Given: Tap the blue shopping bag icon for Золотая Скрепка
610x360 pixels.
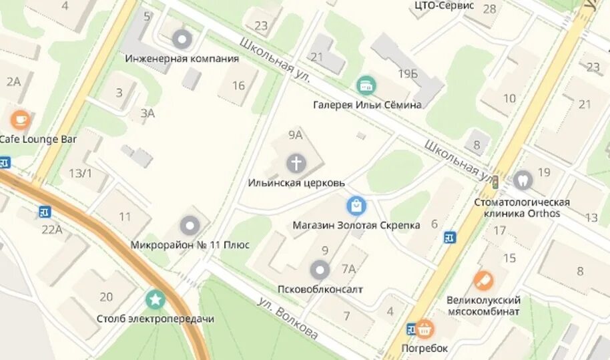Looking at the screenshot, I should point(356,206).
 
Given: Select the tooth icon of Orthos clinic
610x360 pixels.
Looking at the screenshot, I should point(522,179).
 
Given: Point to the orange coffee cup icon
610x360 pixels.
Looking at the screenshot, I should point(20,120).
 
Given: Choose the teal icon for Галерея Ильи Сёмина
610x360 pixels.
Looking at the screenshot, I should point(366,85).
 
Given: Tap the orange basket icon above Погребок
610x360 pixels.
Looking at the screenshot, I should point(424,329).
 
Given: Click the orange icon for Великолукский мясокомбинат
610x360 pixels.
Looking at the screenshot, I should point(483,281).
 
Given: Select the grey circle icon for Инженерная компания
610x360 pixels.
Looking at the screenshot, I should point(182,39).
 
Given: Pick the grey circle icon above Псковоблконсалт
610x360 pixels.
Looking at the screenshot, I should point(320,270).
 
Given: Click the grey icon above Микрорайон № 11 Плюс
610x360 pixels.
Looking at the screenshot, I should point(190,226).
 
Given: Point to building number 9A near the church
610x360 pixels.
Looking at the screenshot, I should point(295,135).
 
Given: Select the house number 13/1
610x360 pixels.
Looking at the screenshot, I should point(80,173).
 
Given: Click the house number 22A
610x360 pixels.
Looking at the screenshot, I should point(51,230).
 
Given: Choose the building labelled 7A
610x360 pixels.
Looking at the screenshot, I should point(348,268).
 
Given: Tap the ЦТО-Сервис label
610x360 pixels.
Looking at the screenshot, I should point(444,5).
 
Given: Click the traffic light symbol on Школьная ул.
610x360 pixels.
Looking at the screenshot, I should point(495,180).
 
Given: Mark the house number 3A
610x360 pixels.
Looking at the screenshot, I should point(147,113).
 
